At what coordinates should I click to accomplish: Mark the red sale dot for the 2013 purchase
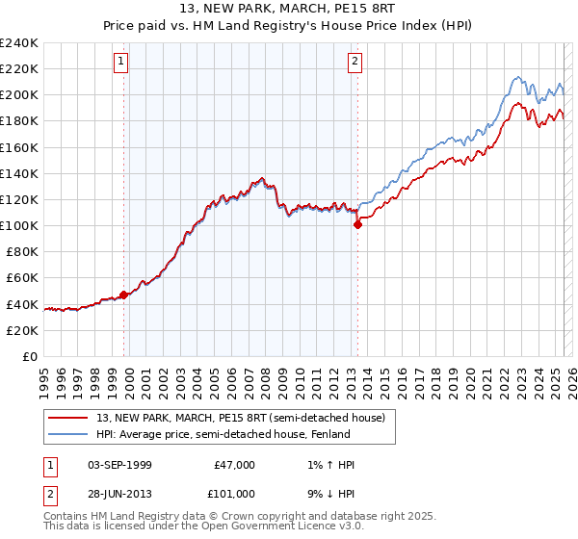(357, 224)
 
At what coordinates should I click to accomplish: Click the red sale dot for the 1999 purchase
(124, 295)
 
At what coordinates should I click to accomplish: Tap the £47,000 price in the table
(234, 465)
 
